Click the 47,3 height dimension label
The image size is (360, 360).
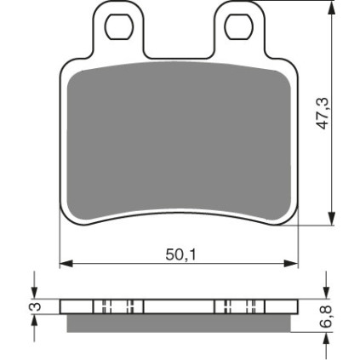tap(323, 113)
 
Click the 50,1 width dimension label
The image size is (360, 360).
tap(180, 255)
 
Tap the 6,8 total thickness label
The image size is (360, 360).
tap(329, 317)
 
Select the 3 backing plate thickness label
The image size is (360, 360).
tap(37, 306)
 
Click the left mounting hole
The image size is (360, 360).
tap(119, 26)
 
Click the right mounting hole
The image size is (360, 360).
tap(238, 26)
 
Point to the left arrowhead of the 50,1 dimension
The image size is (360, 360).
tap(66, 264)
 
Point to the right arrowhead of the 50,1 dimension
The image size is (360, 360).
tap(291, 264)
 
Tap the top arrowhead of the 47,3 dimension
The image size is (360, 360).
tap(332, 9)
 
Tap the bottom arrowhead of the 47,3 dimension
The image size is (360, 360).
tap(332, 218)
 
